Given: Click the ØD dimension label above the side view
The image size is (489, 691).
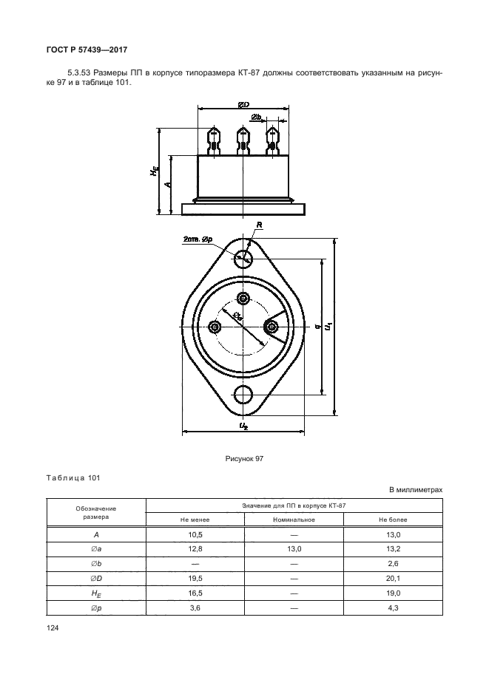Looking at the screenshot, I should (x=243, y=106).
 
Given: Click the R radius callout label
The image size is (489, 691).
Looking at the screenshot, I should (x=259, y=225).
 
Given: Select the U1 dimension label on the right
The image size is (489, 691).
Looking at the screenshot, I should (x=329, y=325).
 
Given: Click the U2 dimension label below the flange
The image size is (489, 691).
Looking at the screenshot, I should (x=244, y=426).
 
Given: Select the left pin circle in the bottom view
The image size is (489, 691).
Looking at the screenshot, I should (x=215, y=327).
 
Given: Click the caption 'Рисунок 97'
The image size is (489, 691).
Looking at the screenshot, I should (x=244, y=459).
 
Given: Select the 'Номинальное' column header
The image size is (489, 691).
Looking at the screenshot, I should (x=293, y=519).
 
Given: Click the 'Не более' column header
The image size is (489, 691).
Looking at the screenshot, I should (x=393, y=519).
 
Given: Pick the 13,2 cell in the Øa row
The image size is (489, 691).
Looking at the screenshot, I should (x=393, y=548).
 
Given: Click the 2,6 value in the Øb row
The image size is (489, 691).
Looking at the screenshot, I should (x=393, y=563).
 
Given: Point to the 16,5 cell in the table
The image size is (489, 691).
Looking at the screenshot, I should (x=194, y=593).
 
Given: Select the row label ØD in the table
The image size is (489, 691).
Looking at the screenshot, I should (x=96, y=578).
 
